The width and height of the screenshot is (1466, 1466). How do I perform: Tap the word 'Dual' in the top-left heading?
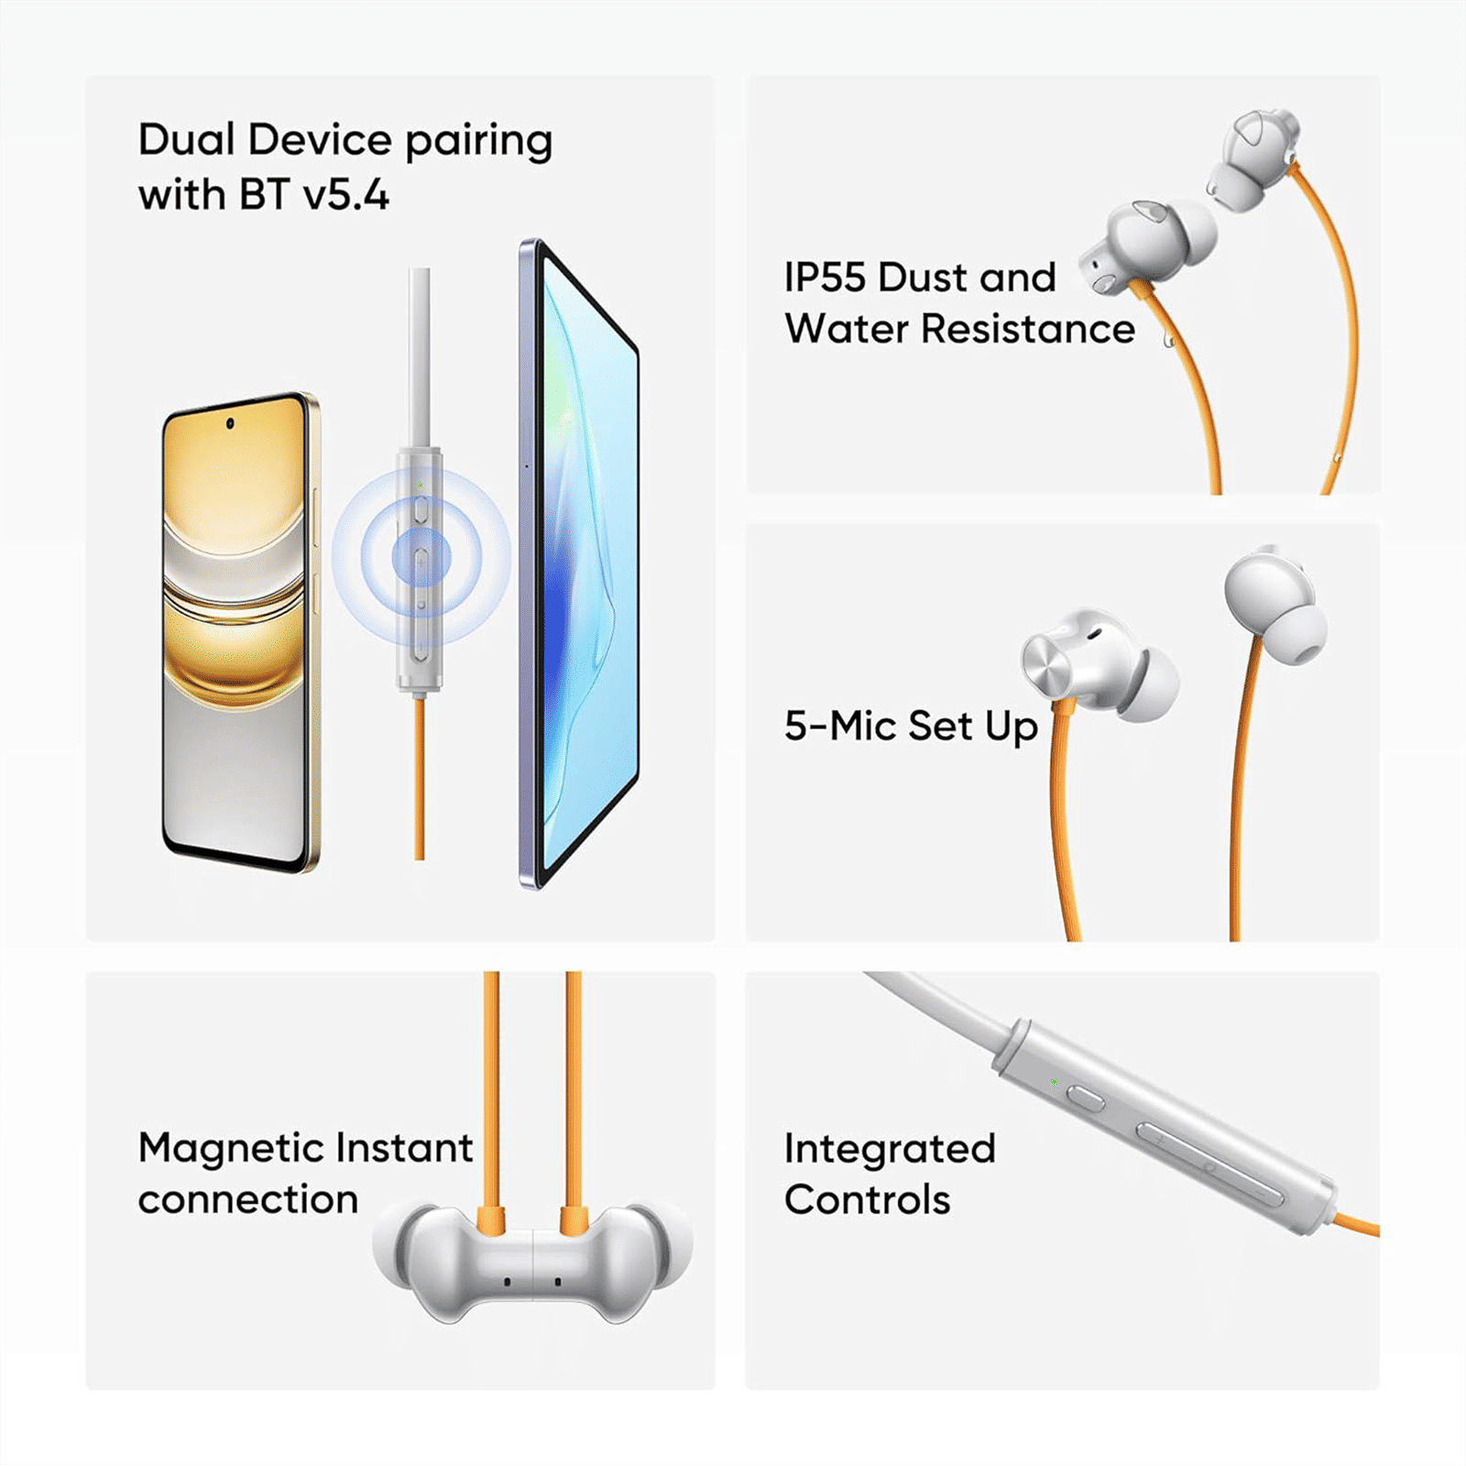186,140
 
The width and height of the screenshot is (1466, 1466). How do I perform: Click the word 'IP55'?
824,278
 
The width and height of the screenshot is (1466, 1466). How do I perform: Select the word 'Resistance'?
1027,329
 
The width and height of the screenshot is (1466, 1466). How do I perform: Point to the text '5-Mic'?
839,726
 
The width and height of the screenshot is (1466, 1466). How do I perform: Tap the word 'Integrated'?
889,1149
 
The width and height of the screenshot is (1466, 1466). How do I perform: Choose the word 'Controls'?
867,1200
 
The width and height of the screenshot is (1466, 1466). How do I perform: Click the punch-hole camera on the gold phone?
230,423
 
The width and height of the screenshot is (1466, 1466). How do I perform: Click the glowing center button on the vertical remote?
421,556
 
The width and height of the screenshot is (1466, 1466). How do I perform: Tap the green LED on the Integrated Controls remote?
1054,1082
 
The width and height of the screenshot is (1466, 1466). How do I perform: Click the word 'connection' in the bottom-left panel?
247,1200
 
